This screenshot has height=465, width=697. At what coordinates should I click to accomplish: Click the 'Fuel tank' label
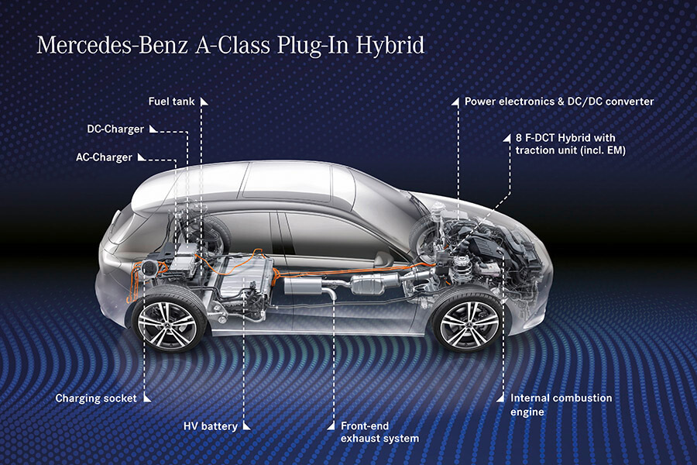[x=171, y=102]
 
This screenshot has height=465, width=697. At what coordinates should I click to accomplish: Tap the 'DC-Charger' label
[x=115, y=129]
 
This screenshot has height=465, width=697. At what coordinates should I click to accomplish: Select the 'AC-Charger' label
[x=104, y=157]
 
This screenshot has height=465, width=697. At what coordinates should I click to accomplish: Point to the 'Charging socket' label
[x=95, y=398]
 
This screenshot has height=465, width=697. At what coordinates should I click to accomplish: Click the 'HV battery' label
[x=210, y=426]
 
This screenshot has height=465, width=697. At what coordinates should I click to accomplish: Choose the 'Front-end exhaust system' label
[x=379, y=432]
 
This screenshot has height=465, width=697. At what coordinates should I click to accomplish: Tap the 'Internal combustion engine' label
[x=561, y=405]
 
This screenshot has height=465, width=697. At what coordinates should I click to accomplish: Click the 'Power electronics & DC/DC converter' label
[x=559, y=102]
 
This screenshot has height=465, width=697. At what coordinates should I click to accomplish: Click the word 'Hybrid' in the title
[x=390, y=46]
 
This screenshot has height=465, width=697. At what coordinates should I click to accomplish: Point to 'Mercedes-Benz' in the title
[x=112, y=46]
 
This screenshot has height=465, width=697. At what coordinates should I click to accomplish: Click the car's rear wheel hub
[x=167, y=323]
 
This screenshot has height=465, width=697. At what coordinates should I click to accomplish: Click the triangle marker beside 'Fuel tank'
[x=204, y=102]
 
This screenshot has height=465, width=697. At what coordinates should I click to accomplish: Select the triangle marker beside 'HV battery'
[x=246, y=426]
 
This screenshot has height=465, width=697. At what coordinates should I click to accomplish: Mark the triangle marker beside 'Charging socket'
[x=146, y=398]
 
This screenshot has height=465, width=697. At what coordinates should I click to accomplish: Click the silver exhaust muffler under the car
[x=302, y=285]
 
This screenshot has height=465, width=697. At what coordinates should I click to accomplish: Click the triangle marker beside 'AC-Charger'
[x=142, y=157]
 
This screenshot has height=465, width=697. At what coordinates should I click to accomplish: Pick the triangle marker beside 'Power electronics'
[x=455, y=102]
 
